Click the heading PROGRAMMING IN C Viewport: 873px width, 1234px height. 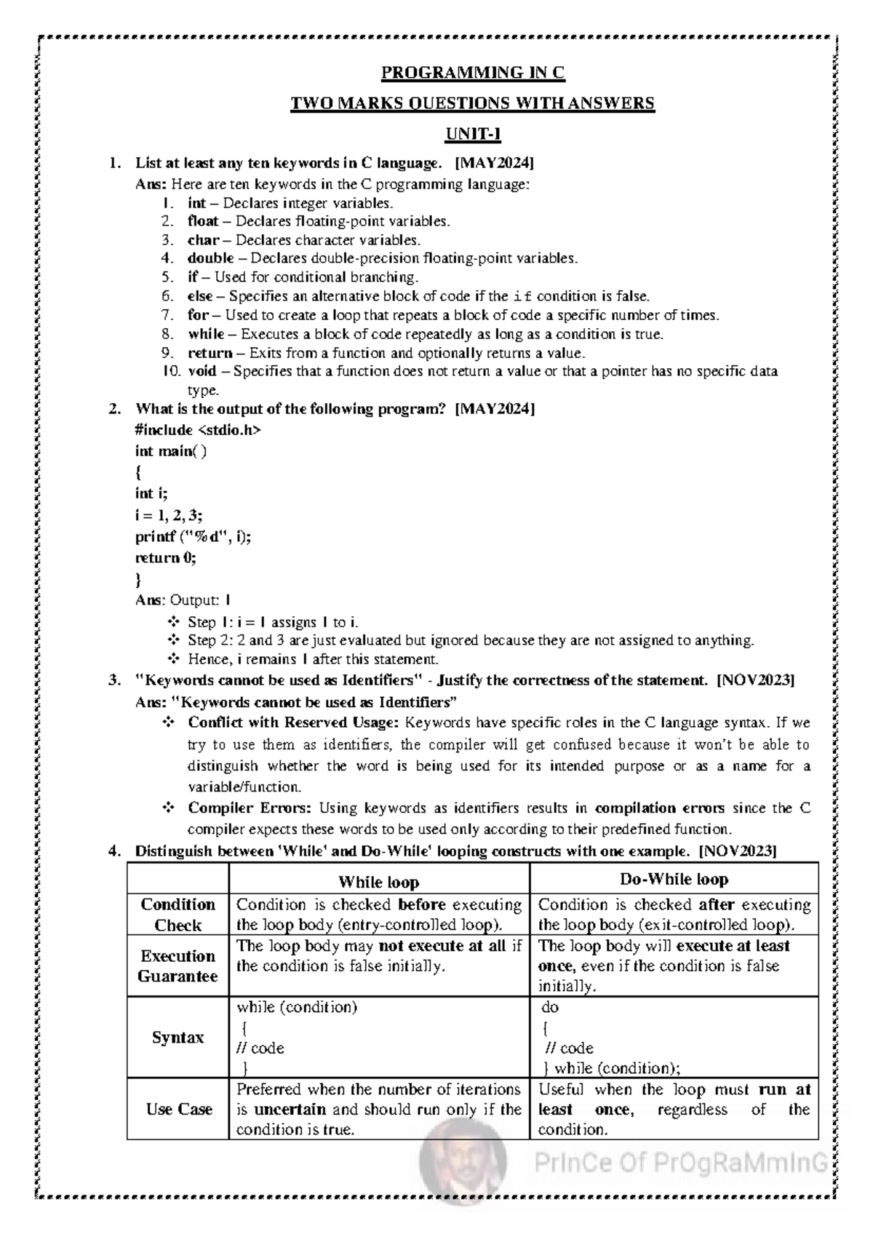click(473, 73)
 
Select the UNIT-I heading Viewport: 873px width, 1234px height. click(473, 135)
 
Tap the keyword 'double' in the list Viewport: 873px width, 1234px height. click(210, 258)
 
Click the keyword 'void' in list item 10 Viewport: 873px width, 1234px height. click(202, 372)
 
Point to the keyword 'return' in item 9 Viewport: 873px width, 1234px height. click(210, 353)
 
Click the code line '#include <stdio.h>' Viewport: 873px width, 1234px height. click(197, 430)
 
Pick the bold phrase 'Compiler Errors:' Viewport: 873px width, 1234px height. click(250, 808)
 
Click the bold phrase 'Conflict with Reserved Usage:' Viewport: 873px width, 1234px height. click(293, 723)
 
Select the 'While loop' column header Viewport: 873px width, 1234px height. click(378, 883)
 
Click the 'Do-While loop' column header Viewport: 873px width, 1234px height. click(674, 880)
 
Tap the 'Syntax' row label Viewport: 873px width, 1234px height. click(178, 1038)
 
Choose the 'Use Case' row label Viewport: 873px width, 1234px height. click(179, 1110)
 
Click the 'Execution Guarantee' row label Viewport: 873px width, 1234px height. click(178, 966)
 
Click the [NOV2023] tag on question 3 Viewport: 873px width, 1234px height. click(755, 681)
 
